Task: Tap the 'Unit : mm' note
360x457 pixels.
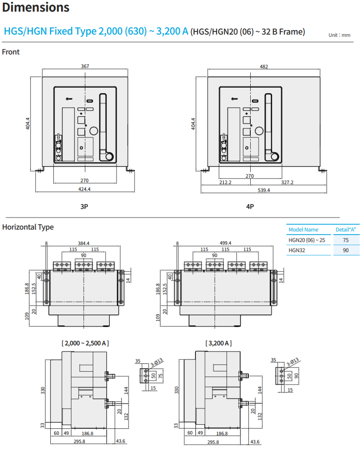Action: pos(339,35)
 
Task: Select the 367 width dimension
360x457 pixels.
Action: pos(85,66)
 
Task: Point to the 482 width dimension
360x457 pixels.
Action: pos(264,67)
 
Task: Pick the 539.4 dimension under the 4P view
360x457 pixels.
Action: pos(263,190)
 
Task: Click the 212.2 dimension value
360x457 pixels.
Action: pos(225,182)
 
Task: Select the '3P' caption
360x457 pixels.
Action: pos(84,207)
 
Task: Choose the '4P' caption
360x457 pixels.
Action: pos(250,207)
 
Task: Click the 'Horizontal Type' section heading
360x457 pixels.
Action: pos(28,227)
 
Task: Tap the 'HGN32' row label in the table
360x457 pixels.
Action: pos(297,251)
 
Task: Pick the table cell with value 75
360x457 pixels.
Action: pos(346,240)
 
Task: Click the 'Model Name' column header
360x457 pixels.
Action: pos(303,230)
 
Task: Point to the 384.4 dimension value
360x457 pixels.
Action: pos(83,243)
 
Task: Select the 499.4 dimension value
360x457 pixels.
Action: pos(226,243)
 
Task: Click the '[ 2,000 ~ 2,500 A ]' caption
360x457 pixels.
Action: pos(85,343)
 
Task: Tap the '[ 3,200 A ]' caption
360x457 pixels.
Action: pos(218,343)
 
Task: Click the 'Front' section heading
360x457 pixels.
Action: pos(11,52)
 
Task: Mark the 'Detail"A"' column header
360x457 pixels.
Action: pos(346,230)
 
